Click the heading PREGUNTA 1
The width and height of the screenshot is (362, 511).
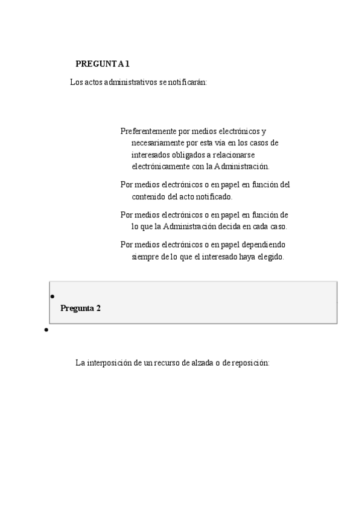[x=103, y=64]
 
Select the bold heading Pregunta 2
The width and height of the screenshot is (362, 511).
[x=80, y=308]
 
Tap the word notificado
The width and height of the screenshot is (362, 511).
[x=212, y=196]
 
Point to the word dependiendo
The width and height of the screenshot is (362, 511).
[x=264, y=245]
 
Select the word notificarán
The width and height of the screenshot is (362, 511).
[x=187, y=82]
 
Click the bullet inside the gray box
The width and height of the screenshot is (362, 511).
[x=52, y=296]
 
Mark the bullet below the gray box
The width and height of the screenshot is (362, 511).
[x=46, y=331]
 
